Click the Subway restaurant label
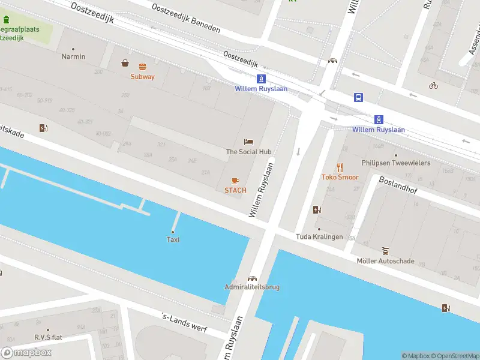click(x=142, y=76)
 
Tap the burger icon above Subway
click(x=142, y=67)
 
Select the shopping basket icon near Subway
click(x=125, y=63)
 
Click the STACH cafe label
click(x=235, y=190)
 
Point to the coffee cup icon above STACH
click(x=235, y=181)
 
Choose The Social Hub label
click(x=248, y=152)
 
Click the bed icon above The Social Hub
click(x=248, y=142)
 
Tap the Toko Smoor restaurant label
click(x=340, y=177)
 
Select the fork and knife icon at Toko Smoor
click(x=340, y=167)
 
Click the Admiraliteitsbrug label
click(x=252, y=287)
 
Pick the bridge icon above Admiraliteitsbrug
click(x=252, y=278)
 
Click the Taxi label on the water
click(x=173, y=240)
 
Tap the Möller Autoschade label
click(x=385, y=261)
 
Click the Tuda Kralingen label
click(x=319, y=236)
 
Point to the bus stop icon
click(x=358, y=98)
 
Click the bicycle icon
click(x=433, y=85)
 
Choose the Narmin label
click(x=73, y=56)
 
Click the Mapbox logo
click(x=26, y=352)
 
